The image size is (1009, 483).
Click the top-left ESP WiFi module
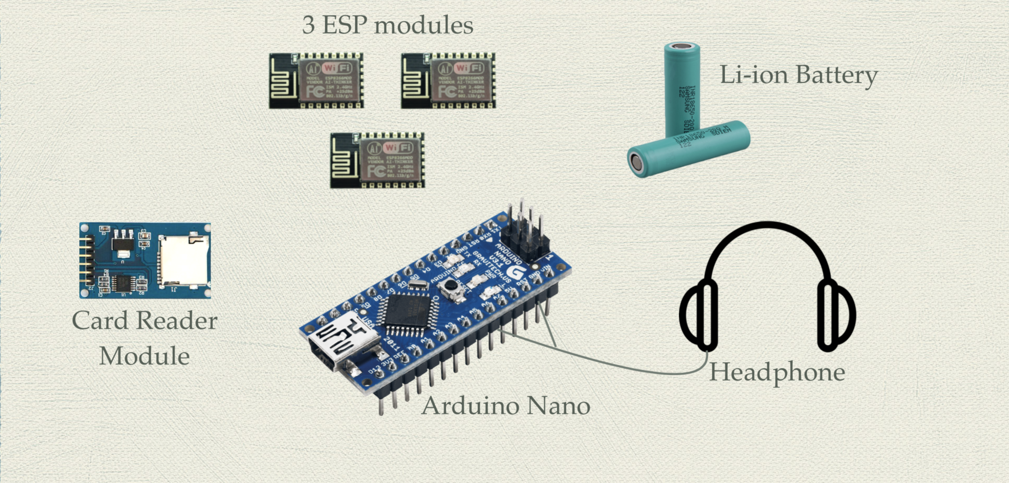click(x=316, y=80)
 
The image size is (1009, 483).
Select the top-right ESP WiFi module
click(x=448, y=80)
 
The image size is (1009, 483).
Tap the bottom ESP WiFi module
click(x=378, y=160)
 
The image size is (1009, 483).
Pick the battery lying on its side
click(x=688, y=149)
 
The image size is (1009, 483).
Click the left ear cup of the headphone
click(x=700, y=315)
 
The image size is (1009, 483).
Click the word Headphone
click(x=777, y=372)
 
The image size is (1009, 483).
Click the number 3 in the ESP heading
click(x=308, y=25)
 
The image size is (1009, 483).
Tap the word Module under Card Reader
click(x=144, y=356)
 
